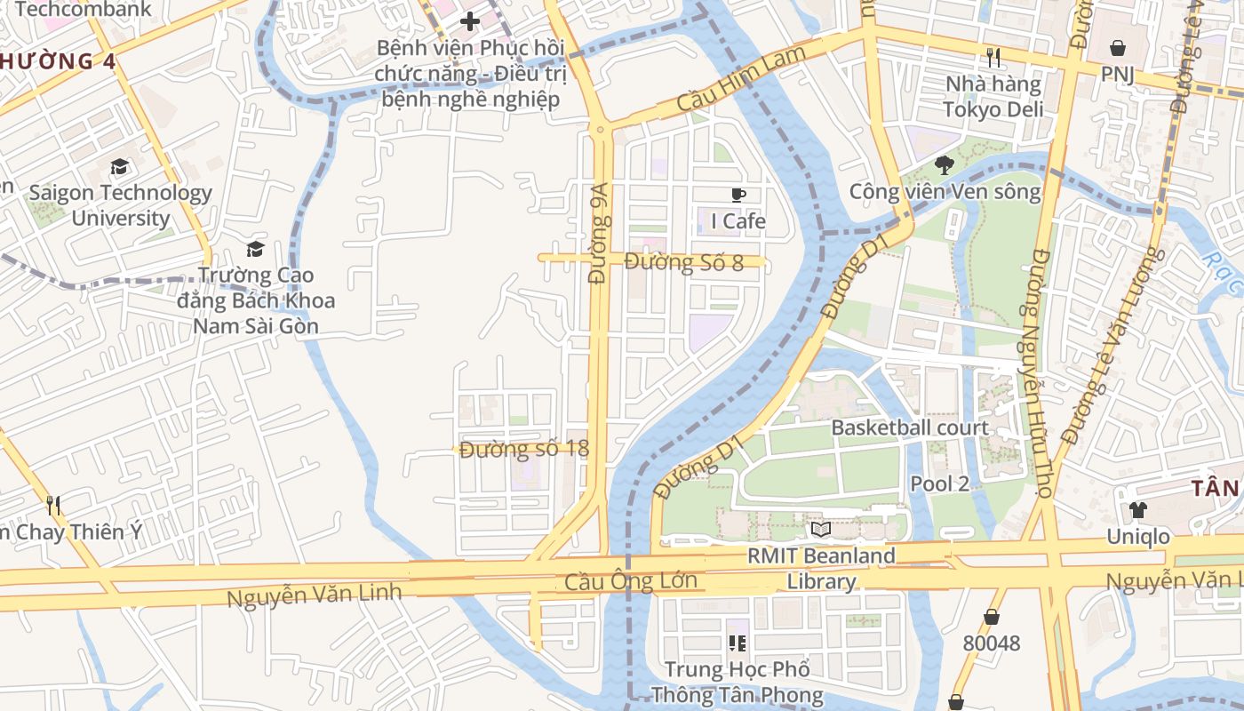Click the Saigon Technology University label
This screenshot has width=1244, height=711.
(x=120, y=205)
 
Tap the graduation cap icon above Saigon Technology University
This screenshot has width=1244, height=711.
(x=119, y=167)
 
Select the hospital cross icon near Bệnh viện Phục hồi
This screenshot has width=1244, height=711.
(x=470, y=21)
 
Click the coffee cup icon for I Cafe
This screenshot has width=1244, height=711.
(x=738, y=195)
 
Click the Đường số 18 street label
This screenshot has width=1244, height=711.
(x=524, y=449)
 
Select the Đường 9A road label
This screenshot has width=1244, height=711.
(x=599, y=234)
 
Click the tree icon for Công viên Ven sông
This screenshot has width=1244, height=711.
(x=944, y=164)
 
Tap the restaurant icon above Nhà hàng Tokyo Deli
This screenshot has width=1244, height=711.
(x=993, y=59)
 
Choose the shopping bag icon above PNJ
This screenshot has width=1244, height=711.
(x=1118, y=48)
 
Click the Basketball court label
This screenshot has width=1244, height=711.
(x=909, y=427)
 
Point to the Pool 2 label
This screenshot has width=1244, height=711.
(x=939, y=483)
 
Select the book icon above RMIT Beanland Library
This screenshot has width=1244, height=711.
(x=820, y=530)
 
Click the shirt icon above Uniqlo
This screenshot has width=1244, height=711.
(x=1137, y=510)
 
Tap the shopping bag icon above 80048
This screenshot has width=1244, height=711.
(x=991, y=617)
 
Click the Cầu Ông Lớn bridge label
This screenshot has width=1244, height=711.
(x=630, y=584)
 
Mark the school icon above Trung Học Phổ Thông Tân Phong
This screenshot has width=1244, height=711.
(x=737, y=642)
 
